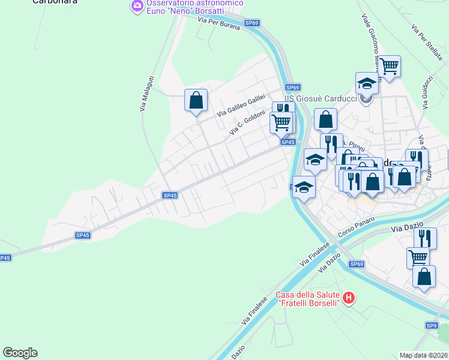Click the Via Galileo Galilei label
pyautogui.click(x=241, y=105)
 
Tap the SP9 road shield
pyautogui.click(x=431, y=325)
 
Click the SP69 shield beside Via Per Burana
pyautogui.click(x=252, y=23)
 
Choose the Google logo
pyautogui.click(x=20, y=353)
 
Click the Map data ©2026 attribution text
pyautogui.click(x=424, y=355)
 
